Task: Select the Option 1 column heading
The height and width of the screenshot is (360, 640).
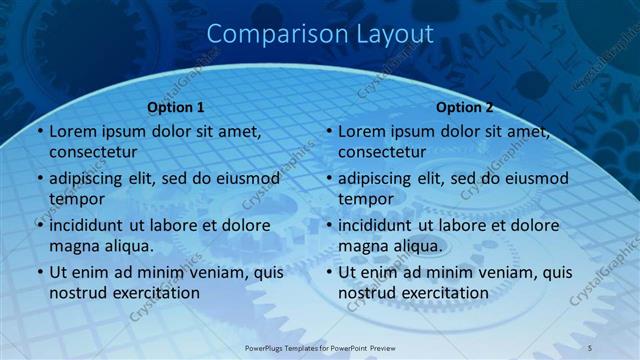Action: (x=176, y=107)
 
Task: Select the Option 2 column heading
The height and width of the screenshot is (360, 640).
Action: (x=465, y=107)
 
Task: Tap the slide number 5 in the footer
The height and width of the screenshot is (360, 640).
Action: (x=590, y=346)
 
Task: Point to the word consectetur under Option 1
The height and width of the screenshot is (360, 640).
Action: (x=93, y=152)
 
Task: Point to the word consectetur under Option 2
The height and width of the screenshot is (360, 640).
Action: (x=382, y=152)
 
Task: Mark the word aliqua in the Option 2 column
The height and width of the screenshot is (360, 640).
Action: (x=416, y=246)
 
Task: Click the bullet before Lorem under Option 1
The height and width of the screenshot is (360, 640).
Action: (x=39, y=131)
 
